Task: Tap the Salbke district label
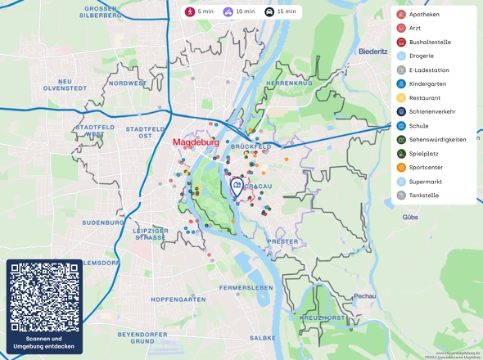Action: pyautogui.click(x=262, y=337)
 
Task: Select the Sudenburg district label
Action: pyautogui.click(x=102, y=222)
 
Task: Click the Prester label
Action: pyautogui.click(x=282, y=241)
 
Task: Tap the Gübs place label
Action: pyautogui.click(x=410, y=218)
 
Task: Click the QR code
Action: pyautogui.click(x=44, y=297)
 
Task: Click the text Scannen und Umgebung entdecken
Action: pyautogui.click(x=44, y=343)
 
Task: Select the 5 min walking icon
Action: pyautogui.click(x=189, y=12)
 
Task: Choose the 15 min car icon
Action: pyautogui.click(x=269, y=12)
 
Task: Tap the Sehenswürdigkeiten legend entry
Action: pyautogui.click(x=434, y=140)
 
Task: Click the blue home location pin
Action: pyautogui.click(x=237, y=187)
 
